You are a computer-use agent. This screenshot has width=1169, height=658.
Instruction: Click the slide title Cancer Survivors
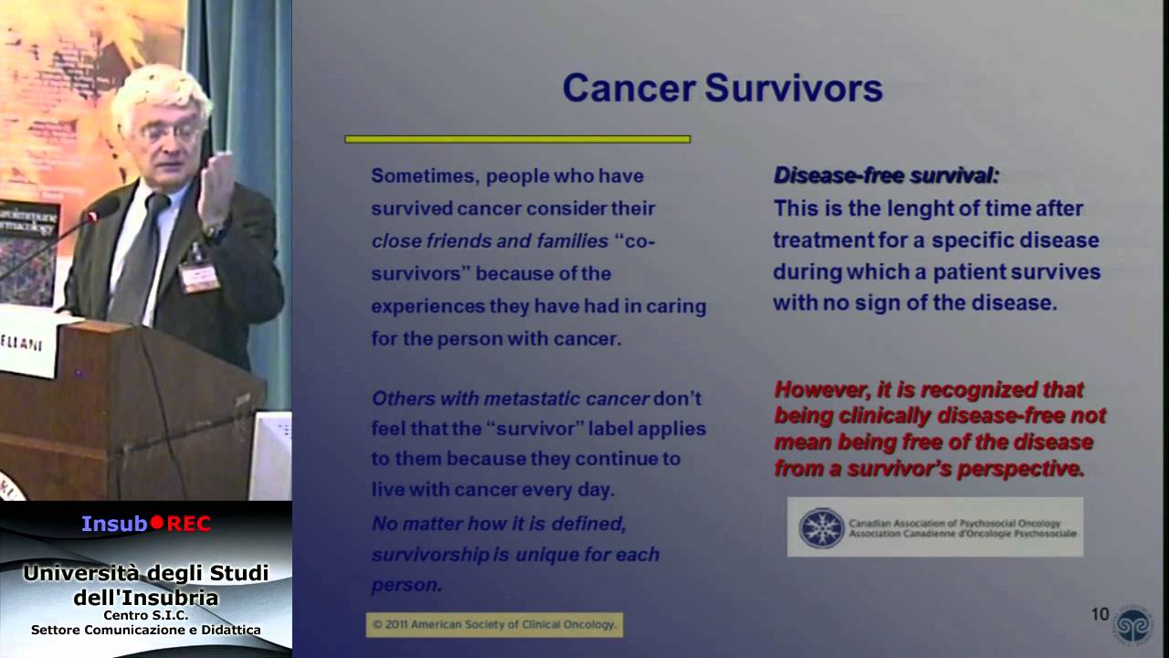pos(721,89)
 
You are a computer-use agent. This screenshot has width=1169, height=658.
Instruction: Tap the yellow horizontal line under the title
pos(517,139)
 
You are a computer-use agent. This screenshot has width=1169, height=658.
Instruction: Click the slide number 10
pos(1100,614)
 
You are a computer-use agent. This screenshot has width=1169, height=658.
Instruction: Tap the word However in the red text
pos(821,389)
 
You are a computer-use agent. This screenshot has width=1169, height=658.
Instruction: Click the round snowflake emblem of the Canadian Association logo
pos(821,527)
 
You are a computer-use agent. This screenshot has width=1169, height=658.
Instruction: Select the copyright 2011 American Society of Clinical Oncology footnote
pos(494,625)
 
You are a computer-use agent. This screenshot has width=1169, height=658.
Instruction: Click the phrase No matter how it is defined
pos(499,524)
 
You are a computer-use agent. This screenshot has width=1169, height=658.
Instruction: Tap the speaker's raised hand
pos(216,188)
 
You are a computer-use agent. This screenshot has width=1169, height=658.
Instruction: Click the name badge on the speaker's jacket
pos(199,275)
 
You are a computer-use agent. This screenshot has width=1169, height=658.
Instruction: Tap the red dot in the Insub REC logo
pos(156,524)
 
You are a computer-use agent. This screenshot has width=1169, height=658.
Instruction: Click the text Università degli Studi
pos(146,573)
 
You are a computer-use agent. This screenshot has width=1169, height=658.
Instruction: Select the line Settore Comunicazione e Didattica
pos(146,630)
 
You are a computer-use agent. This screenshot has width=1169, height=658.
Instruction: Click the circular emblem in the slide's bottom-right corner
pos(1132,623)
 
